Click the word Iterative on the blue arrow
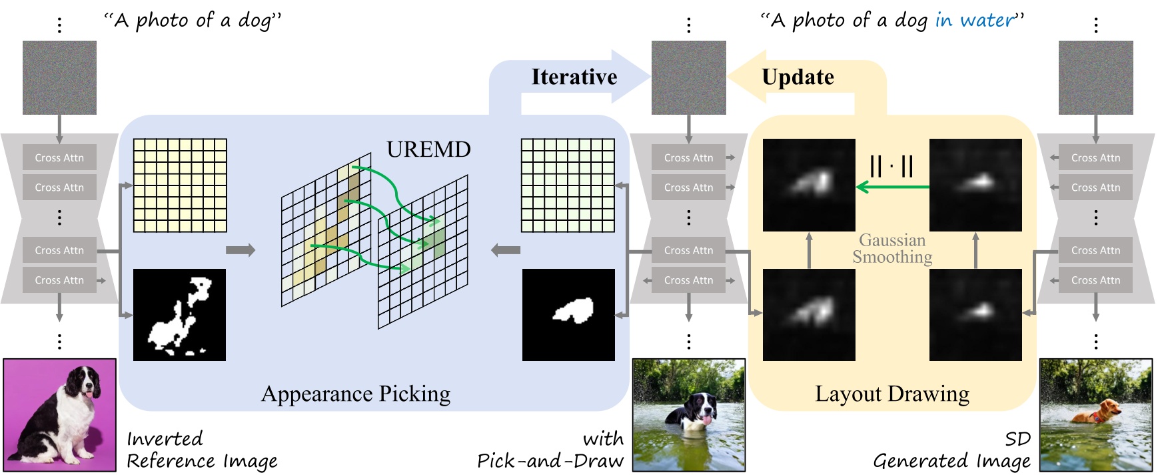pyautogui.click(x=574, y=77)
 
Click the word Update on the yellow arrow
pyautogui.click(x=798, y=77)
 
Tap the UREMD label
pyautogui.click(x=428, y=149)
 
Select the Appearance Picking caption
pyautogui.click(x=355, y=394)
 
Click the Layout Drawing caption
pyautogui.click(x=891, y=394)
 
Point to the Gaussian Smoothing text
pyautogui.click(x=892, y=249)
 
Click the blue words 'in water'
pyautogui.click(x=976, y=21)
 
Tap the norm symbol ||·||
pyautogui.click(x=891, y=165)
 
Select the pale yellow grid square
pyautogui.click(x=180, y=185)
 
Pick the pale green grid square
pyautogui.click(x=568, y=185)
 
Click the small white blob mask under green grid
pyautogui.click(x=573, y=310)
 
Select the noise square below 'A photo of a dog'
pyautogui.click(x=59, y=77)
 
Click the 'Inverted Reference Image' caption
pyautogui.click(x=201, y=450)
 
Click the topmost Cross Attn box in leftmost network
pyautogui.click(x=59, y=158)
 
